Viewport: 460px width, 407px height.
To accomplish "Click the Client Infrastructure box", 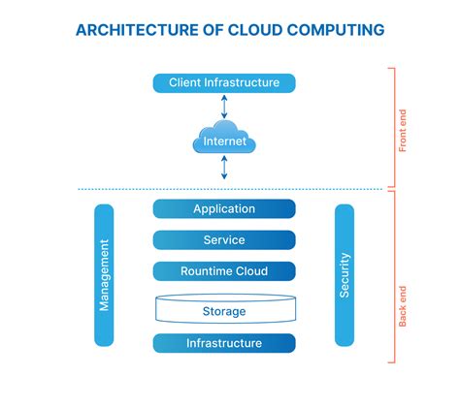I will tap(224, 83).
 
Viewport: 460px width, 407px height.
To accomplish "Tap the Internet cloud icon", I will tap(224, 142).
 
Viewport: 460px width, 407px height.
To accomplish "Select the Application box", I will tap(224, 208).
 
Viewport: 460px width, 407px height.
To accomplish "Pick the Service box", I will tap(224, 240).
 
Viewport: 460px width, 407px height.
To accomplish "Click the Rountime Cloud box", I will tap(224, 271).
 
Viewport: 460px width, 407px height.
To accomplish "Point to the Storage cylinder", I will tap(224, 310).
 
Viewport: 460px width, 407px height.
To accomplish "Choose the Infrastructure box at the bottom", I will tap(224, 343).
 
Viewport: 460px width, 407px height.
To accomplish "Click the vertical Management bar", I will tap(104, 275).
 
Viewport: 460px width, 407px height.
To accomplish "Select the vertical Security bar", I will tap(345, 275).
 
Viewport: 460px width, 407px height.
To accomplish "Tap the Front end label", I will tap(404, 127).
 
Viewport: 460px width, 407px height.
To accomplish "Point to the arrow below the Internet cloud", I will tap(224, 169).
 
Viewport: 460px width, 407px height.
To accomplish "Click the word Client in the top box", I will tap(186, 83).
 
